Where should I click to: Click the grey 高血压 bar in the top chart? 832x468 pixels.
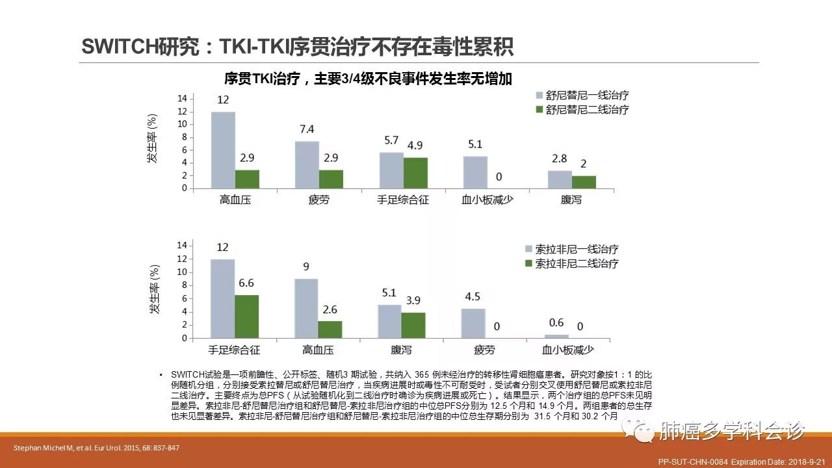click(223, 150)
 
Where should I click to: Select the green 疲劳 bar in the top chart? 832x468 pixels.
click(331, 179)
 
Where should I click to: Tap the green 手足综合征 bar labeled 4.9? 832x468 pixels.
click(415, 173)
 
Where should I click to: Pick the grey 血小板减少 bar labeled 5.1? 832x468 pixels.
click(475, 172)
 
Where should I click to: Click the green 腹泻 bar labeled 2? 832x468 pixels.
click(584, 182)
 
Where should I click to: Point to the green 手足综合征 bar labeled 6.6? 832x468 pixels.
click(246, 317)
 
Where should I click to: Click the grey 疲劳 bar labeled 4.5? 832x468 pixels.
click(473, 323)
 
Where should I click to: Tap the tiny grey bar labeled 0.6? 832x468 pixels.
click(556, 336)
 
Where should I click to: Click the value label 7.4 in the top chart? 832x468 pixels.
click(307, 129)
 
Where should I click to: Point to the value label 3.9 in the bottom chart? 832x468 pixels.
click(414, 301)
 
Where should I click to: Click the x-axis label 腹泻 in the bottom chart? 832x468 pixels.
click(402, 350)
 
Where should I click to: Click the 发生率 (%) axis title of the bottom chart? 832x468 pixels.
click(155, 289)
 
